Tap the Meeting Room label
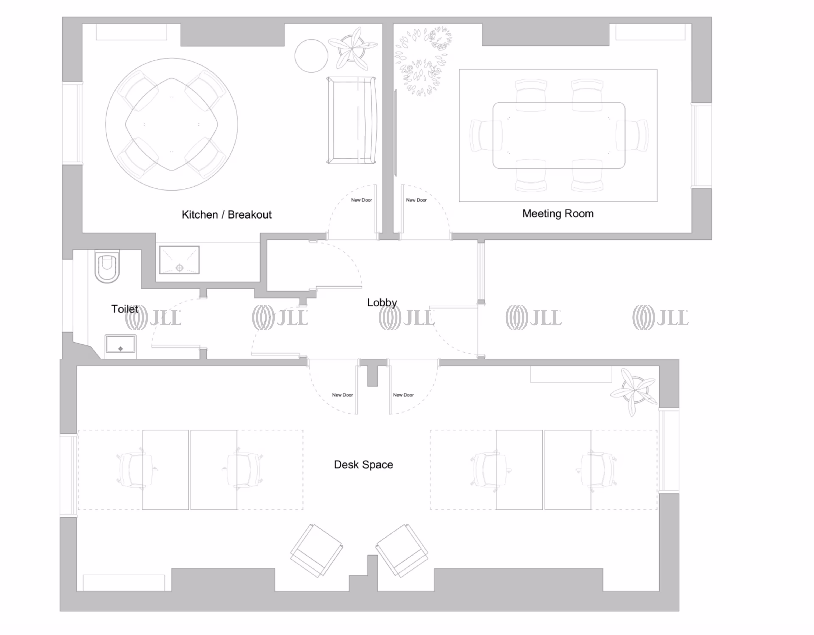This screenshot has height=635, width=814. pyautogui.click(x=558, y=213)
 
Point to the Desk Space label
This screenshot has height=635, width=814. pyautogui.click(x=363, y=464)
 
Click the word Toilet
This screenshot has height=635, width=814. pyautogui.click(x=124, y=309)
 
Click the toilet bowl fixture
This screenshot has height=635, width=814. pyautogui.click(x=107, y=266)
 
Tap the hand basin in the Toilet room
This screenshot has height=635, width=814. pyautogui.click(x=120, y=345)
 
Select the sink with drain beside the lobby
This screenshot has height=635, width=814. pyautogui.click(x=179, y=260)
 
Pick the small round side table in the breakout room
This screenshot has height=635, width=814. pyautogui.click(x=311, y=56)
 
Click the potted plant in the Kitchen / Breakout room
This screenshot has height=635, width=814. pyautogui.click(x=352, y=49)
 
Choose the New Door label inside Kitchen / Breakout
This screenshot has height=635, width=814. pyautogui.click(x=361, y=200)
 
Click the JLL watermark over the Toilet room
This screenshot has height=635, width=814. pyautogui.click(x=153, y=317)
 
